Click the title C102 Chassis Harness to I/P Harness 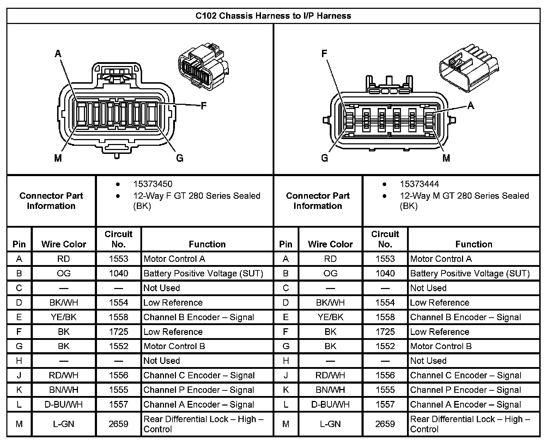(273, 16)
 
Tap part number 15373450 (153, 184)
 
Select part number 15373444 (419, 184)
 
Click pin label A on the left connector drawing (58, 54)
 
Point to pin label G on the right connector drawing (324, 158)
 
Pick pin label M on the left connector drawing (58, 158)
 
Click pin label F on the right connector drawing (324, 54)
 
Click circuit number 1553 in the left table (119, 259)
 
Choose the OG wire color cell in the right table (330, 274)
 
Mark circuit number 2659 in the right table (385, 424)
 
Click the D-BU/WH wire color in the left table (63, 404)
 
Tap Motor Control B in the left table (174, 346)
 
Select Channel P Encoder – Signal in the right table (466, 390)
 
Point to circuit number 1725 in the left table (119, 332)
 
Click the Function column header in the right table (474, 244)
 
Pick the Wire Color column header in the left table (63, 244)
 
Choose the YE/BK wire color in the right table (330, 317)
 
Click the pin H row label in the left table (19, 361)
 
